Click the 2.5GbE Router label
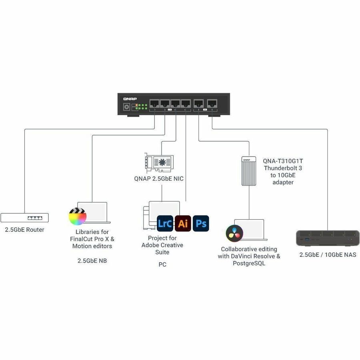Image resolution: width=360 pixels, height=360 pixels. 24,230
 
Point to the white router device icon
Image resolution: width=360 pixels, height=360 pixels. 24,218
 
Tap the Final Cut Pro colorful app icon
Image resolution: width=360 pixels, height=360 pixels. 78,216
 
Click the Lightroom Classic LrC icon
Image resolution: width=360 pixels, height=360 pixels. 165,223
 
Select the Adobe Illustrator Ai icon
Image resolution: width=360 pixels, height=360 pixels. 183,223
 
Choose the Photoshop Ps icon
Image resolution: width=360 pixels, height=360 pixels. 201,223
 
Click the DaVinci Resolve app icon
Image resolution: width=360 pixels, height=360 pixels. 234,233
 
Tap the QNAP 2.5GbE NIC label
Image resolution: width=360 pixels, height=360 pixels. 159,178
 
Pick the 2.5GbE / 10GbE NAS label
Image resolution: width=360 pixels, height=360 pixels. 328,255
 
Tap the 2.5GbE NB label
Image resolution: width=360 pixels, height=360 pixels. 92,261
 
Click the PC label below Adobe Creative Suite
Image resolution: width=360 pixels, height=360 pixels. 162,265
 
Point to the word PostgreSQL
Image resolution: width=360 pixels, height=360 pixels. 249,263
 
